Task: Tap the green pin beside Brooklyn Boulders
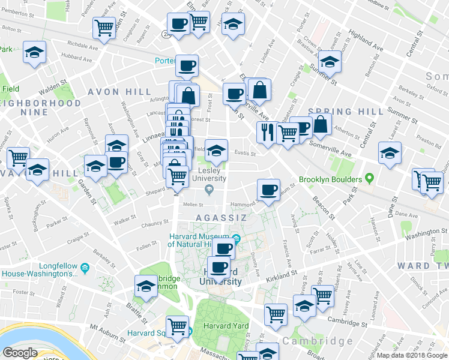click(369, 179)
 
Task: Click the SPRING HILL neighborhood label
click(345, 112)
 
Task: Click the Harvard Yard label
click(225, 326)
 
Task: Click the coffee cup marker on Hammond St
click(268, 190)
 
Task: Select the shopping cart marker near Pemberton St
click(104, 28)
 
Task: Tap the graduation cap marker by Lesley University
click(216, 151)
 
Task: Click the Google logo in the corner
click(20, 353)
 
